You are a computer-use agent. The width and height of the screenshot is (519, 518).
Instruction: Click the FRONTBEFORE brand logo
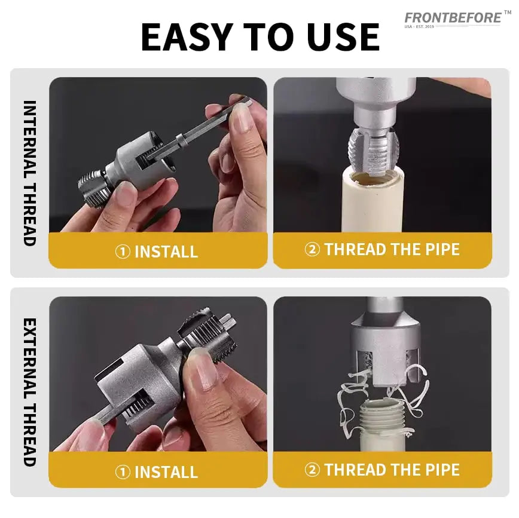coord(453,18)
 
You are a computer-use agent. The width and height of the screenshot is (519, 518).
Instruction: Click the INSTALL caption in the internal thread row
coord(166,252)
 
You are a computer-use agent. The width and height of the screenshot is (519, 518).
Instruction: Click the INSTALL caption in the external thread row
coord(166,472)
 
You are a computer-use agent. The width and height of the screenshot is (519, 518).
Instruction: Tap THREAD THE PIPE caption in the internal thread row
coord(392,249)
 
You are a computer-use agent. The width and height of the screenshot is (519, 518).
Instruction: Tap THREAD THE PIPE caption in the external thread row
coord(392,470)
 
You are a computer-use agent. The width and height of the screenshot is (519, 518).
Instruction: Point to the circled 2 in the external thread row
coord(312,470)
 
